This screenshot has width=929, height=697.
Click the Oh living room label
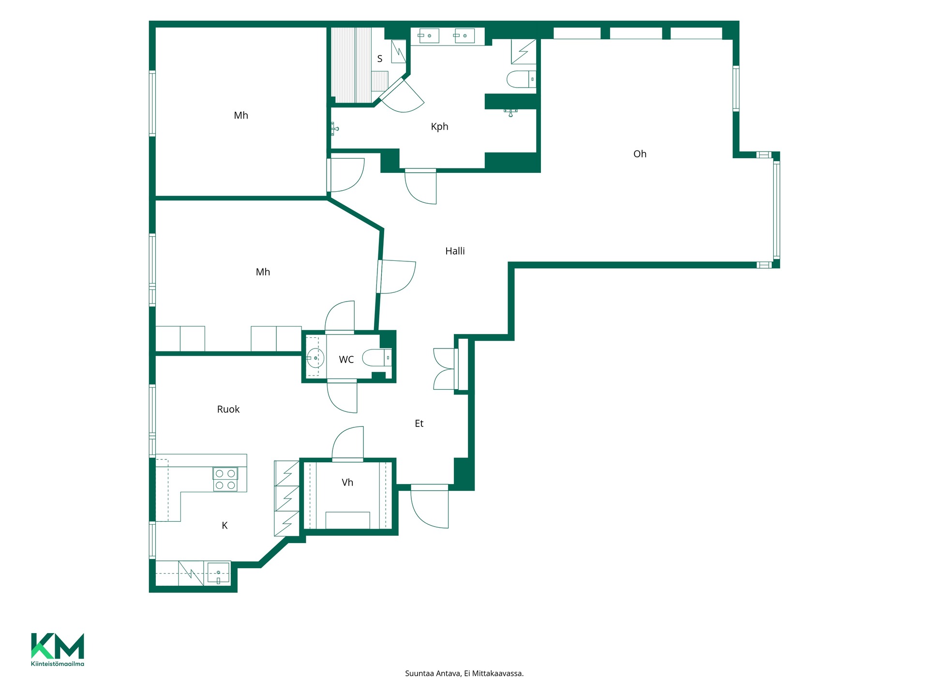pos(640,154)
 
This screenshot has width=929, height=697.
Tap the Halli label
pos(455,251)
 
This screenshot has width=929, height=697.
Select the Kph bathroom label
pos(439,127)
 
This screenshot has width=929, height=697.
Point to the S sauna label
pos(380,59)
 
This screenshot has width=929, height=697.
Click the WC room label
pos(346,359)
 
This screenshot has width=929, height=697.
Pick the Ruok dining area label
pos(228,409)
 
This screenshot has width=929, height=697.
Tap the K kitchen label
pos(225,525)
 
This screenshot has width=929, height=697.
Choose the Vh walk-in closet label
pos(347,482)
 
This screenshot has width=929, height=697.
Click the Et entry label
pos(419,424)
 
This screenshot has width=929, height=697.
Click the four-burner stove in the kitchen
pos(225,479)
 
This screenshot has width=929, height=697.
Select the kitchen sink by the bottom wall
pos(218,573)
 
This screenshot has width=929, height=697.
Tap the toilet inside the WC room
pos(377,358)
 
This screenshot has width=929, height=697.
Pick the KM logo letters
pos(58,646)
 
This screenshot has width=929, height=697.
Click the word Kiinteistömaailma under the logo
pos(58,664)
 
